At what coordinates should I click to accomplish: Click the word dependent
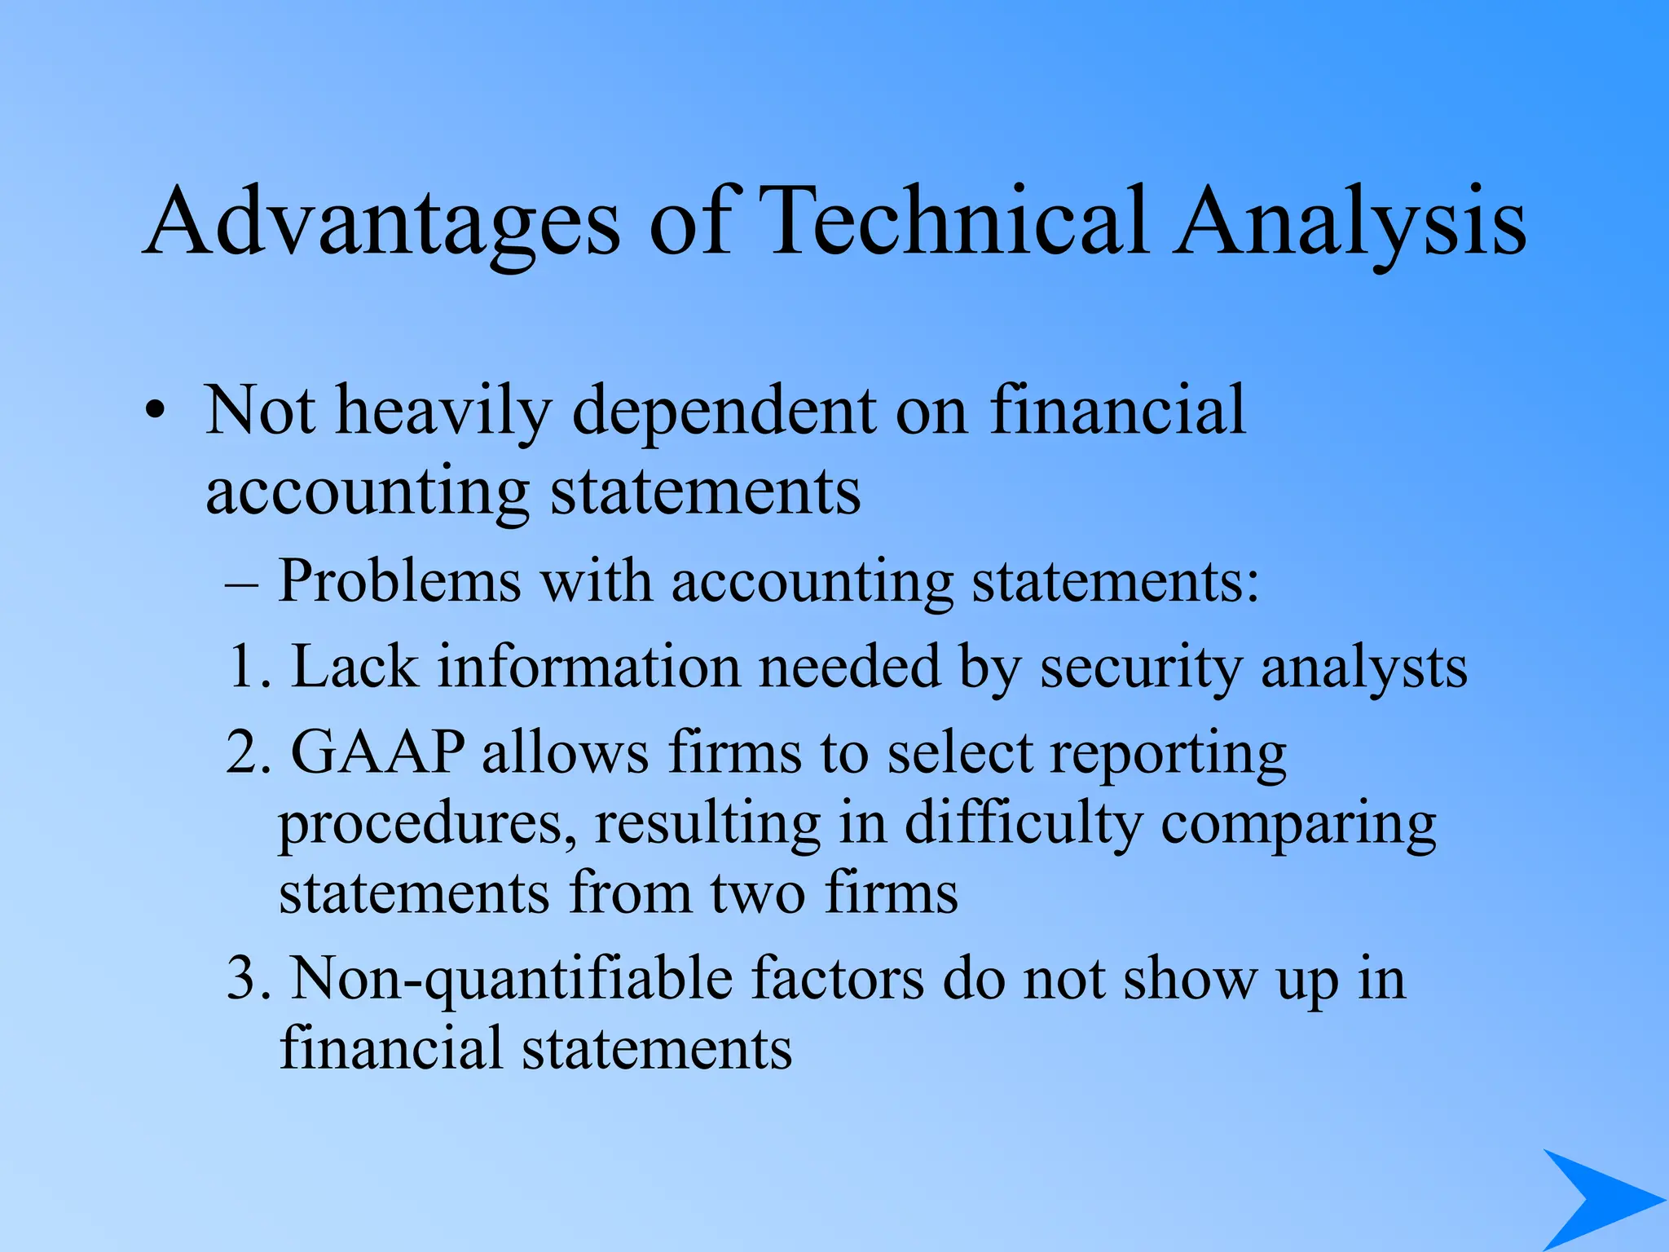(x=724, y=410)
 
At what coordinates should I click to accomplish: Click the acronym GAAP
(x=378, y=752)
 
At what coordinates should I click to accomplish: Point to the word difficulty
(x=1024, y=823)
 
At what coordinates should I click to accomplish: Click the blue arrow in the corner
(x=1597, y=1198)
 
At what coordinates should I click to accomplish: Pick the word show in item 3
(x=1190, y=979)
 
